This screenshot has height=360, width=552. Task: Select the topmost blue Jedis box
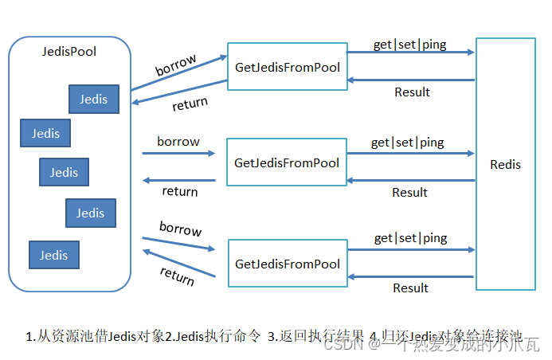(93, 100)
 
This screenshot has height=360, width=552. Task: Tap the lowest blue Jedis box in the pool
(54, 255)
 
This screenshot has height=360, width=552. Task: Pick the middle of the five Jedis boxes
(64, 172)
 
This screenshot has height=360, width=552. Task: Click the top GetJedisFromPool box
(287, 68)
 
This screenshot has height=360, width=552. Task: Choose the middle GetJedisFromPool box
(287, 163)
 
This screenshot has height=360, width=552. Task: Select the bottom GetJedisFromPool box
(288, 264)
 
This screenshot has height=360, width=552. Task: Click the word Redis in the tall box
(505, 165)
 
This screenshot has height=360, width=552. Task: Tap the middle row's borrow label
(178, 142)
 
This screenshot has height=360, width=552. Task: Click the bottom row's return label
(177, 276)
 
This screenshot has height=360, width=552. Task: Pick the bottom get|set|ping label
(410, 238)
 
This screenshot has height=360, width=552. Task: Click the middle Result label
(409, 193)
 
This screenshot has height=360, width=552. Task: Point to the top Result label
(412, 92)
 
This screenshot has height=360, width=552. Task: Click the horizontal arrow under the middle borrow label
(178, 153)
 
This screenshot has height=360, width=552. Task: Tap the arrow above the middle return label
(178, 180)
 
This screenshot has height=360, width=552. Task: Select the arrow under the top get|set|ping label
(412, 53)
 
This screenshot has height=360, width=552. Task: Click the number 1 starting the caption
(29, 336)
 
